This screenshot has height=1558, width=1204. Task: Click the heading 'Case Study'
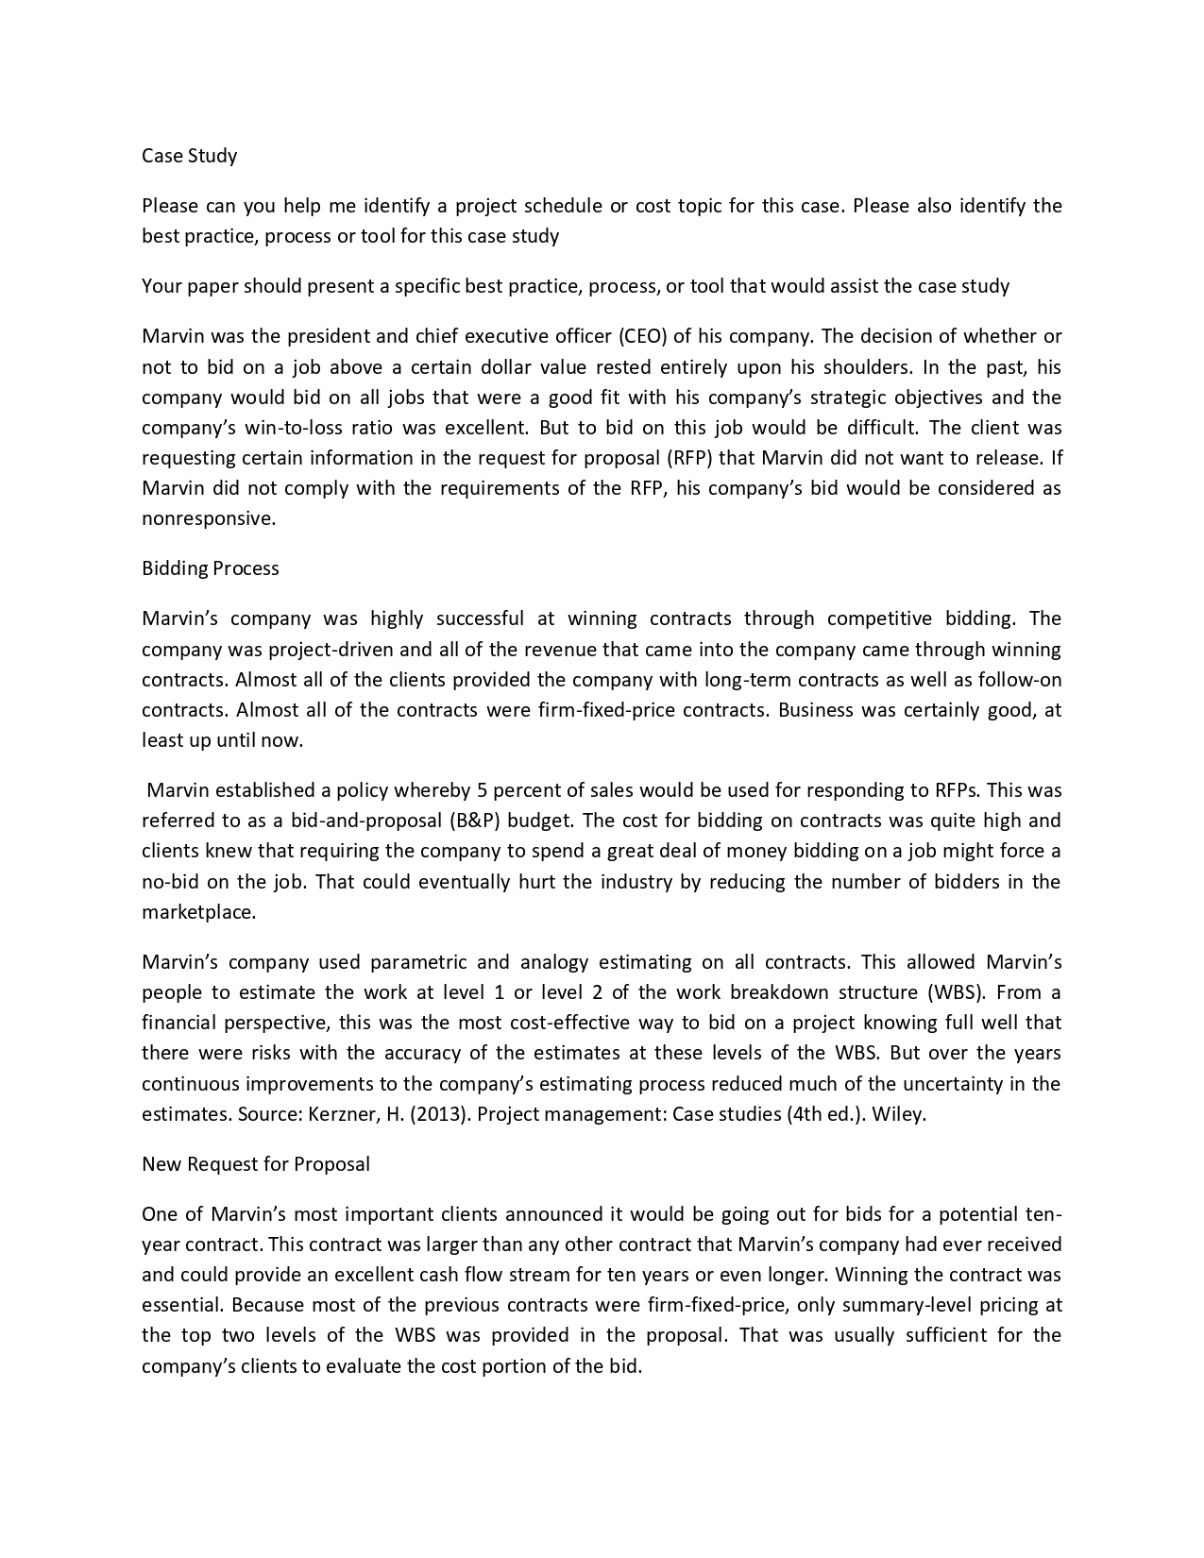pyautogui.click(x=189, y=156)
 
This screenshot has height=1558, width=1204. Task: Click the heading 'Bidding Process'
pyautogui.click(x=210, y=568)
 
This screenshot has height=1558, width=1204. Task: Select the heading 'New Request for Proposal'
pyautogui.click(x=255, y=1164)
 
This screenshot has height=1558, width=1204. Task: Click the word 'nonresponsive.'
pyautogui.click(x=209, y=518)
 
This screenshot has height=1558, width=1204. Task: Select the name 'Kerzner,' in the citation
pyautogui.click(x=341, y=1114)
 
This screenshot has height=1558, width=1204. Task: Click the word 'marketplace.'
pyautogui.click(x=198, y=913)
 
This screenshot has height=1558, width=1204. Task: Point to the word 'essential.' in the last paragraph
pyautogui.click(x=181, y=1305)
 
